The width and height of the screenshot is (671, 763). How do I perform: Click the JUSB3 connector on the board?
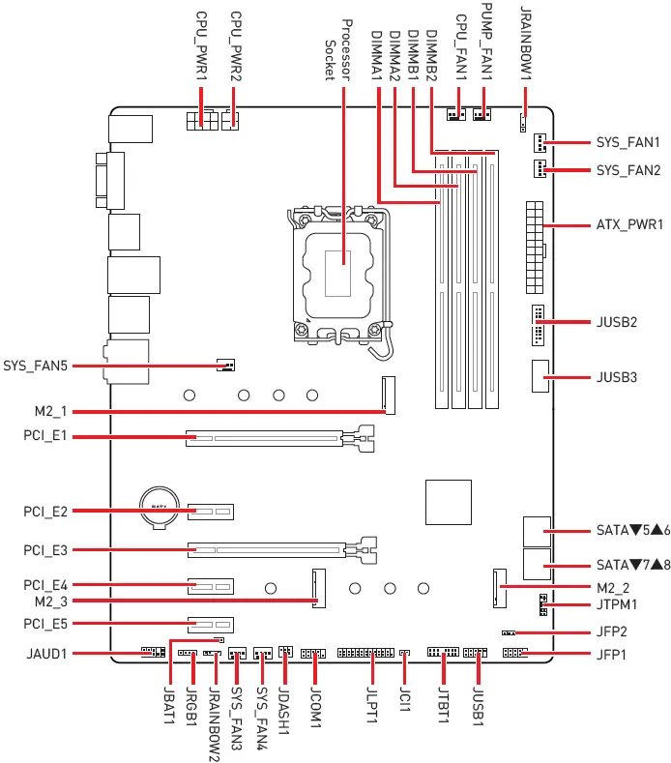540,374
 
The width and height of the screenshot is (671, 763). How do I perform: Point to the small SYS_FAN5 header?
225,367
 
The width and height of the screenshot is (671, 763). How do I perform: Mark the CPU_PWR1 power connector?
201,123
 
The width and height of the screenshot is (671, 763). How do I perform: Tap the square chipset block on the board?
447,503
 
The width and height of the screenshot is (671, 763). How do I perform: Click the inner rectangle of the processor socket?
340,272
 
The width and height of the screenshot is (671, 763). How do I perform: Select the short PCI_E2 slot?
213,510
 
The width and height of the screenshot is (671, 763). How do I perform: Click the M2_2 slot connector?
500,587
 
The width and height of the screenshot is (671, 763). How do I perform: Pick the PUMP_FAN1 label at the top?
487,48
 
